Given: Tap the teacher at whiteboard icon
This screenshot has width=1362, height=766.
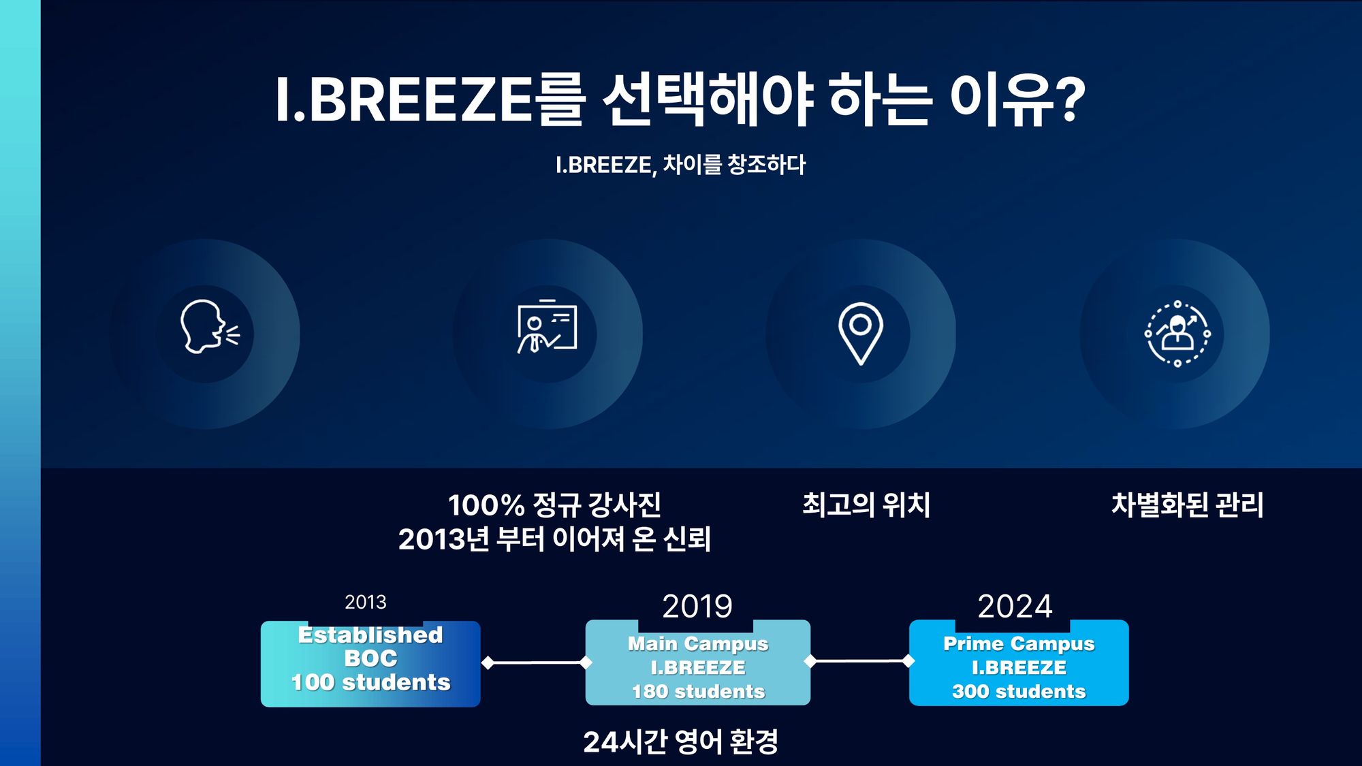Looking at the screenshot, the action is tap(547, 326).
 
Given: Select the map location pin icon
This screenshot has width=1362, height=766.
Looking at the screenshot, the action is tap(861, 333).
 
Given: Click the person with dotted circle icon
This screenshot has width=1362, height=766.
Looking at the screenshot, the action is tap(1177, 334).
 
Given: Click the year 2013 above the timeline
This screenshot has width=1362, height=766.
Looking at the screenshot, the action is tap(365, 602).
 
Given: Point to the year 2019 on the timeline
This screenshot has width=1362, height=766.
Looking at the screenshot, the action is tap(697, 606).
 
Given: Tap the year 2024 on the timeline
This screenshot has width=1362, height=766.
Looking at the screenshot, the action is tap(1015, 606).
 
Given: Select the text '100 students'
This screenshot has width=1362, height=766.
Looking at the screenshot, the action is tap(370, 682).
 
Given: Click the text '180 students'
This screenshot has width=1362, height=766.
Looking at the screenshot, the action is tap(698, 692).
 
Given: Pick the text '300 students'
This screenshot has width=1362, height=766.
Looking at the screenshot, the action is tap(1019, 692).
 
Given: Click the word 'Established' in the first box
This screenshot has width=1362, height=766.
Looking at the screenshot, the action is tap(370, 635).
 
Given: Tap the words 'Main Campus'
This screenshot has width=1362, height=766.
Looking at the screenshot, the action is tap(698, 644).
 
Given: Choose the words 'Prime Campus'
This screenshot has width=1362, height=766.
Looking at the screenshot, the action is tap(1019, 644).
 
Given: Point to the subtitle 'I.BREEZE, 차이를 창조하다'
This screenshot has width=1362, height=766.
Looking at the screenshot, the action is tap(680, 165).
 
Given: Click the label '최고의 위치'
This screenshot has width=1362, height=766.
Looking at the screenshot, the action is tap(866, 505).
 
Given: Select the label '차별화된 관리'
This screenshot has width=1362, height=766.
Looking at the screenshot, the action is tap(1187, 505).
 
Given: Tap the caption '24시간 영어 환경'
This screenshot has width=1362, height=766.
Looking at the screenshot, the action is tap(680, 741).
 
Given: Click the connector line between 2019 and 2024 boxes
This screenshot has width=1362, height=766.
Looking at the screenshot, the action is tap(859, 660).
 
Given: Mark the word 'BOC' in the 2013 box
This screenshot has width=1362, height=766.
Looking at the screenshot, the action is tap(370, 658).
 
